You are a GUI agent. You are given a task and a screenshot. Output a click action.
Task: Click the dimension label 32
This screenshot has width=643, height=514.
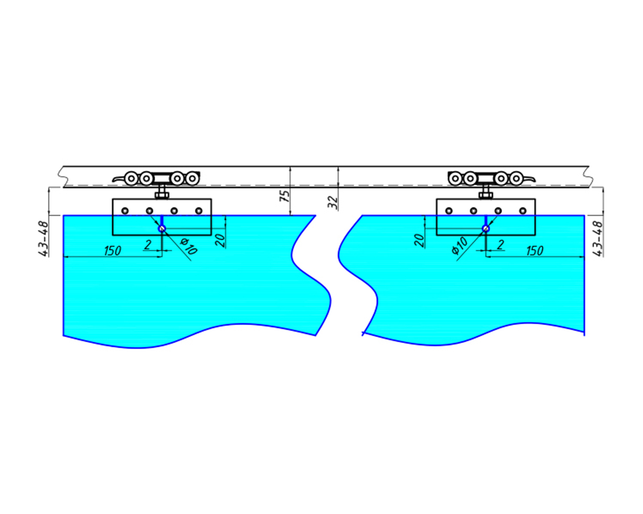point(333,203)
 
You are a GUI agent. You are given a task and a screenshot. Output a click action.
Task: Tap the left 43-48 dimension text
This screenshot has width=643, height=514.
point(43,239)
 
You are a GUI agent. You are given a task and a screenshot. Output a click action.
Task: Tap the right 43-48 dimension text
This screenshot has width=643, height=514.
point(598,239)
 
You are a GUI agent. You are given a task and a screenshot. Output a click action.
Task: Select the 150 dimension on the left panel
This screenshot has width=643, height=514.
point(113,251)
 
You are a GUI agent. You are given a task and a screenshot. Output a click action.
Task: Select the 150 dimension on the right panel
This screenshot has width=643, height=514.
point(535,251)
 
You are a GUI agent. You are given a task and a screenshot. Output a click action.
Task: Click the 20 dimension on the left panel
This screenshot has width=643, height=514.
point(220,240)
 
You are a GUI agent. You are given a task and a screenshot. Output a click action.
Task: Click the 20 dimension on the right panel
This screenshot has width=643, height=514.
point(419,240)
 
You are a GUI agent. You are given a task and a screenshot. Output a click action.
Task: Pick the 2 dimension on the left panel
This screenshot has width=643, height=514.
point(147,245)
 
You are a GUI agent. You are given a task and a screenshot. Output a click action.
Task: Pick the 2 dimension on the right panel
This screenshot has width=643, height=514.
point(501,245)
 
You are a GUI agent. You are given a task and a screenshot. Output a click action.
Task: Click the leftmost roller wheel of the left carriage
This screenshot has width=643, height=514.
point(131,179)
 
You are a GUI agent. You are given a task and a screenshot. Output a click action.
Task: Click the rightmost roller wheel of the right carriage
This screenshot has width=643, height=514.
point(516,179)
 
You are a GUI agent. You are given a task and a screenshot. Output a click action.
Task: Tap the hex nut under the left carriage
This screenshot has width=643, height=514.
point(162,196)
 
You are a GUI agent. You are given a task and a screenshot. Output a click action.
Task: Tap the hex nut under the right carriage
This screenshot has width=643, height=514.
point(486,196)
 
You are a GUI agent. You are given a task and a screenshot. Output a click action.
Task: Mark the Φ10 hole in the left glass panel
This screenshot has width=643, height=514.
point(162,229)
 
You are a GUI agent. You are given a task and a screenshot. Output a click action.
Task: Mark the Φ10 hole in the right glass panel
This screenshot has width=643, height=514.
point(486,229)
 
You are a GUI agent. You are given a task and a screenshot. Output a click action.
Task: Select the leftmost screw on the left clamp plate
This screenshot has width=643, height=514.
point(125,211)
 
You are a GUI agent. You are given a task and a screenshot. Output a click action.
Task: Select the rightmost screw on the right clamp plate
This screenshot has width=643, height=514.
point(523,211)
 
